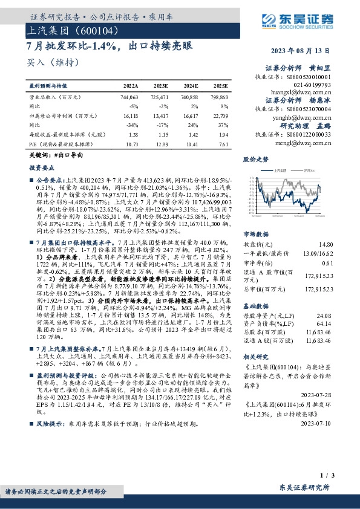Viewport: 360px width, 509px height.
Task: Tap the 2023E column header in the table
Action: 162,87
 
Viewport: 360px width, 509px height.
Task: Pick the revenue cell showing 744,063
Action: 130,97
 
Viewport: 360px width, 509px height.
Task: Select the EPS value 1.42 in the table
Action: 193,135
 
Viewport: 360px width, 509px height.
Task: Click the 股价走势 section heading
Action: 255,160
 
